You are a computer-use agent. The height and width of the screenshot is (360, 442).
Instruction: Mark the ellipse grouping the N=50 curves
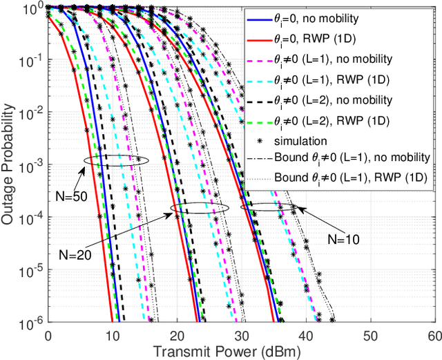pyautogui.click(x=116, y=161)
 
